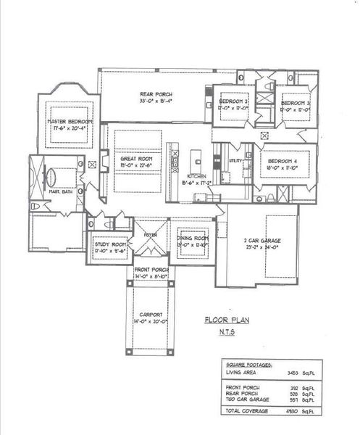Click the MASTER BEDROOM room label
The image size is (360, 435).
point(67,121)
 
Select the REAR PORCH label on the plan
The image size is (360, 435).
point(155,94)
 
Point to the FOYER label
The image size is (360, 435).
point(151,235)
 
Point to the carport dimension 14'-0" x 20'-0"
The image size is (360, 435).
point(151,321)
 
